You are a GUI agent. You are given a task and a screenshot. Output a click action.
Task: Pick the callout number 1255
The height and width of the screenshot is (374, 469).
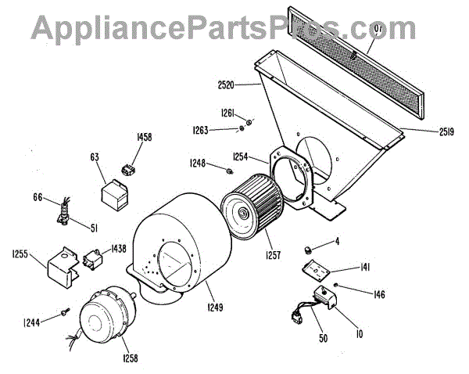pyautogui.click(x=21, y=254)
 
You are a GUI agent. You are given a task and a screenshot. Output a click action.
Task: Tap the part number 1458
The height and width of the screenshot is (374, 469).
pyautogui.click(x=144, y=137)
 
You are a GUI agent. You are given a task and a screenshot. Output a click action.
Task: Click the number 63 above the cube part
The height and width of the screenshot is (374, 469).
pyautogui.click(x=95, y=158)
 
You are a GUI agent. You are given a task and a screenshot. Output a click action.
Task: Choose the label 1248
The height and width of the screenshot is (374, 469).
pyautogui.click(x=197, y=163)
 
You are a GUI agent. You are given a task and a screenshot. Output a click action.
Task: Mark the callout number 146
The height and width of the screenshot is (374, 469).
pyautogui.click(x=379, y=295)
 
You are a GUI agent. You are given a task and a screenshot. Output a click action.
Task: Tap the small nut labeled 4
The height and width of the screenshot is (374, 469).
pyautogui.click(x=308, y=249)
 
